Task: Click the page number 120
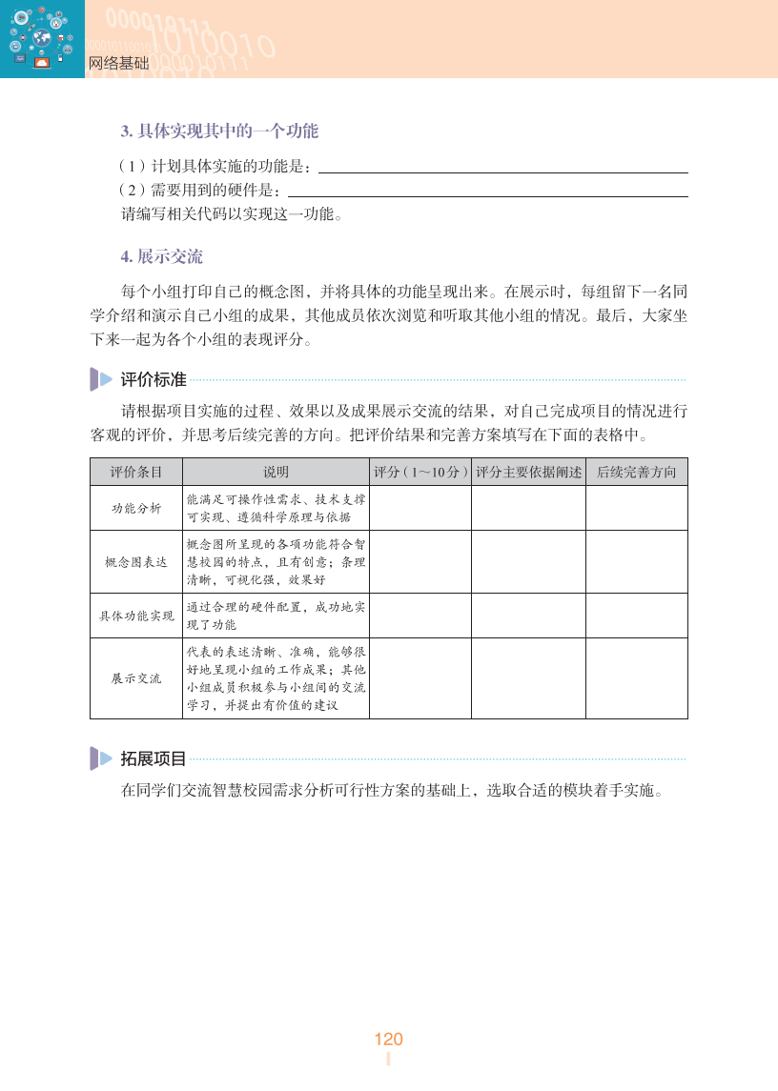(x=388, y=1039)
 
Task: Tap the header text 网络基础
(x=118, y=64)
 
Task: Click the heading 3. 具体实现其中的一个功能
(x=219, y=131)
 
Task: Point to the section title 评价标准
(x=153, y=379)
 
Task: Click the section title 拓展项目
(x=153, y=758)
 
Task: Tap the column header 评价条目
(x=136, y=472)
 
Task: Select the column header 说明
(x=276, y=472)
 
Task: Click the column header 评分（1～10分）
(x=420, y=472)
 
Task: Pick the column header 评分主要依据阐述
(x=528, y=472)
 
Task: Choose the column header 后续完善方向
(x=636, y=472)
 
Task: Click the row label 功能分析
(x=136, y=508)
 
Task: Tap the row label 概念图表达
(x=136, y=561)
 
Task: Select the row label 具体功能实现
(x=136, y=616)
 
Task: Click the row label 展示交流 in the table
(x=136, y=678)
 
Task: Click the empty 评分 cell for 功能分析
(x=420, y=508)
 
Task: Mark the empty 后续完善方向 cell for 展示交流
(x=636, y=678)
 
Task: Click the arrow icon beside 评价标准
(x=101, y=379)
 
